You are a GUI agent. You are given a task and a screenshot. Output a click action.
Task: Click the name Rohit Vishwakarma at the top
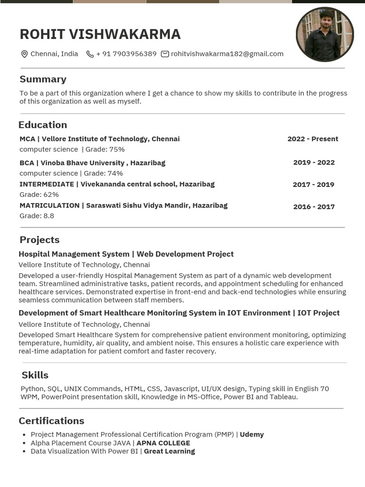[100, 34]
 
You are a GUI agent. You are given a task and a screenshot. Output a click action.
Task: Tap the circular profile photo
[325, 34]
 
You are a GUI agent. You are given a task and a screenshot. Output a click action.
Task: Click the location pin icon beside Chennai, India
[24, 54]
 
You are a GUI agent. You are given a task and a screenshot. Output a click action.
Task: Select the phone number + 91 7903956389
[126, 54]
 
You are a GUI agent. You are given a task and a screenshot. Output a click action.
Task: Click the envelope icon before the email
[165, 54]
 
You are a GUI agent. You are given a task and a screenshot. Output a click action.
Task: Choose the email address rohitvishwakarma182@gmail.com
[227, 54]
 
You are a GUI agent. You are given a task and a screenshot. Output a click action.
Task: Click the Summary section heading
[43, 79]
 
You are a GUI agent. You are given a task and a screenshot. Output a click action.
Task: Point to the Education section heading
[43, 125]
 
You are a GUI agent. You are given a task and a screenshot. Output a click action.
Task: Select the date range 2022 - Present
[313, 139]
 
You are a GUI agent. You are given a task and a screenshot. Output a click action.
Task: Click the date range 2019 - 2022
[314, 162]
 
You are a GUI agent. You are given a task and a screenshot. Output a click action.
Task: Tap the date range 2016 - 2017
[314, 206]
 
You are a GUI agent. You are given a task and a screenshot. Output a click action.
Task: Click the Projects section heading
[39, 240]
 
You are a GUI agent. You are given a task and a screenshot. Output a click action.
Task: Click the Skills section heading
[35, 375]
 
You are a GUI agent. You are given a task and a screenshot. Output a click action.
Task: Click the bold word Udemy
[251, 434]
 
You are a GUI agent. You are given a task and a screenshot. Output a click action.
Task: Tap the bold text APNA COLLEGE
[163, 443]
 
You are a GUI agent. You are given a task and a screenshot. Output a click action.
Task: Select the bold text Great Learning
[169, 451]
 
